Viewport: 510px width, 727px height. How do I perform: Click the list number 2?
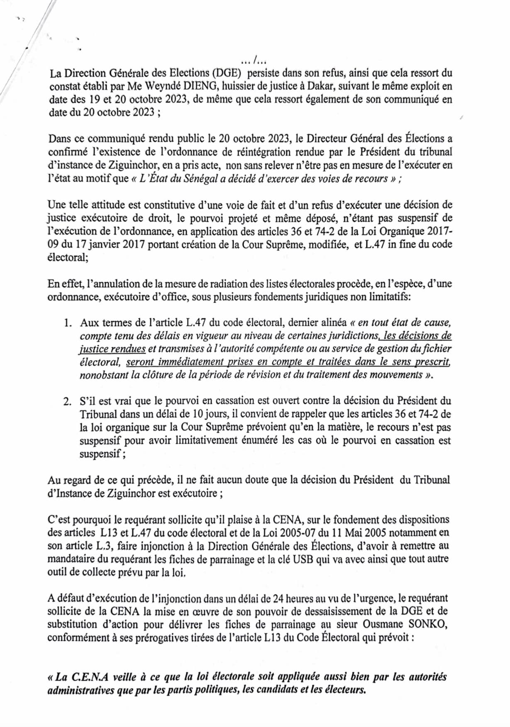coord(68,401)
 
